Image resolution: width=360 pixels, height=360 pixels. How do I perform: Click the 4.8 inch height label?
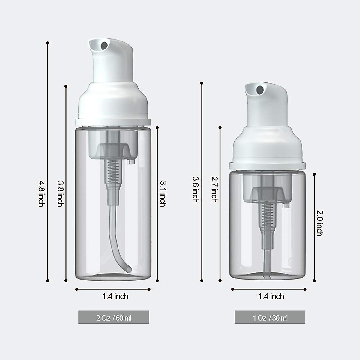pos(41,193)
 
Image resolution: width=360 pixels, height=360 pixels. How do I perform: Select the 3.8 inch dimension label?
pos(60,193)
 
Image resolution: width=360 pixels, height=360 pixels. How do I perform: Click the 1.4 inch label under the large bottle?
pos(115,297)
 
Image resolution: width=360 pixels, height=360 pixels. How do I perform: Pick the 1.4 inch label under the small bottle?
pos(271,297)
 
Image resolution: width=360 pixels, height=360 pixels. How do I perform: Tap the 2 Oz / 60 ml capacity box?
pos(114,317)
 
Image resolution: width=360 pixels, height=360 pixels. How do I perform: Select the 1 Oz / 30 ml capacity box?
pos(270,317)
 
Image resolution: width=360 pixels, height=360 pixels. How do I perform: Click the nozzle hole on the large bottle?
pos(104,46)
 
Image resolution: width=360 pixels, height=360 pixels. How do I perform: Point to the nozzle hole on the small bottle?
pos(260,89)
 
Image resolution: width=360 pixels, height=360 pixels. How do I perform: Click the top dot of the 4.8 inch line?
pos(48,43)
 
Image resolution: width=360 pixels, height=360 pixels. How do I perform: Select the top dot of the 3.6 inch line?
pos(202,83)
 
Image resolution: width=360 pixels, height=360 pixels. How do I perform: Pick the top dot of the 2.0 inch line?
pos(314,174)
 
